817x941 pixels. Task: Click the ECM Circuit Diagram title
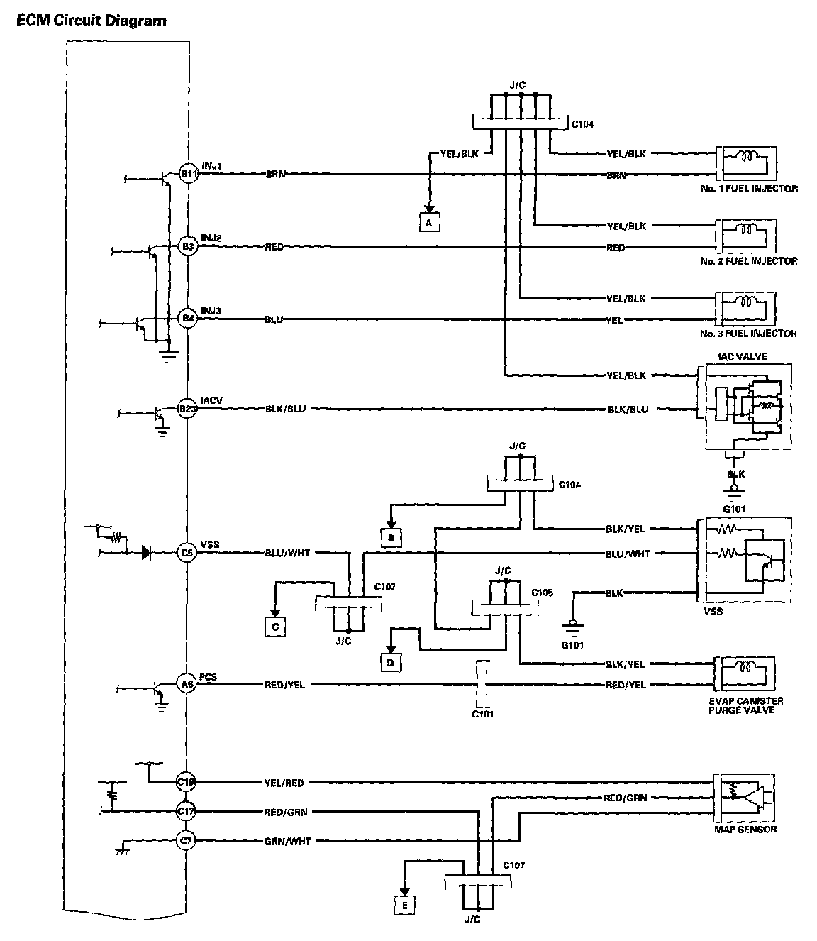[91, 21]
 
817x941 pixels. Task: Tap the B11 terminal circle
[187, 174]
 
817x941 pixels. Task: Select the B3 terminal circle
[187, 247]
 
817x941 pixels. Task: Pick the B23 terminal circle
[187, 409]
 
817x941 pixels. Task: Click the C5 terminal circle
[187, 552]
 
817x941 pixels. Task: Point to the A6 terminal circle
[187, 684]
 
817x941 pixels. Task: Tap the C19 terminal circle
[186, 782]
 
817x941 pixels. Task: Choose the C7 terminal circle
[186, 841]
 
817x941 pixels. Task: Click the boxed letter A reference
[428, 222]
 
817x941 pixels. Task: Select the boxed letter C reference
[274, 627]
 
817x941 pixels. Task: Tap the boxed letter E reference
[404, 905]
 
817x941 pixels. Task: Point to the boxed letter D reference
[390, 661]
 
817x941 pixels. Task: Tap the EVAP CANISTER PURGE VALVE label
[745, 705]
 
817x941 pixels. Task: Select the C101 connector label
[482, 714]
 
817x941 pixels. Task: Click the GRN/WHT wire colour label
[288, 841]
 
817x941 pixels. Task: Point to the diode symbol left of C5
[146, 552]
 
